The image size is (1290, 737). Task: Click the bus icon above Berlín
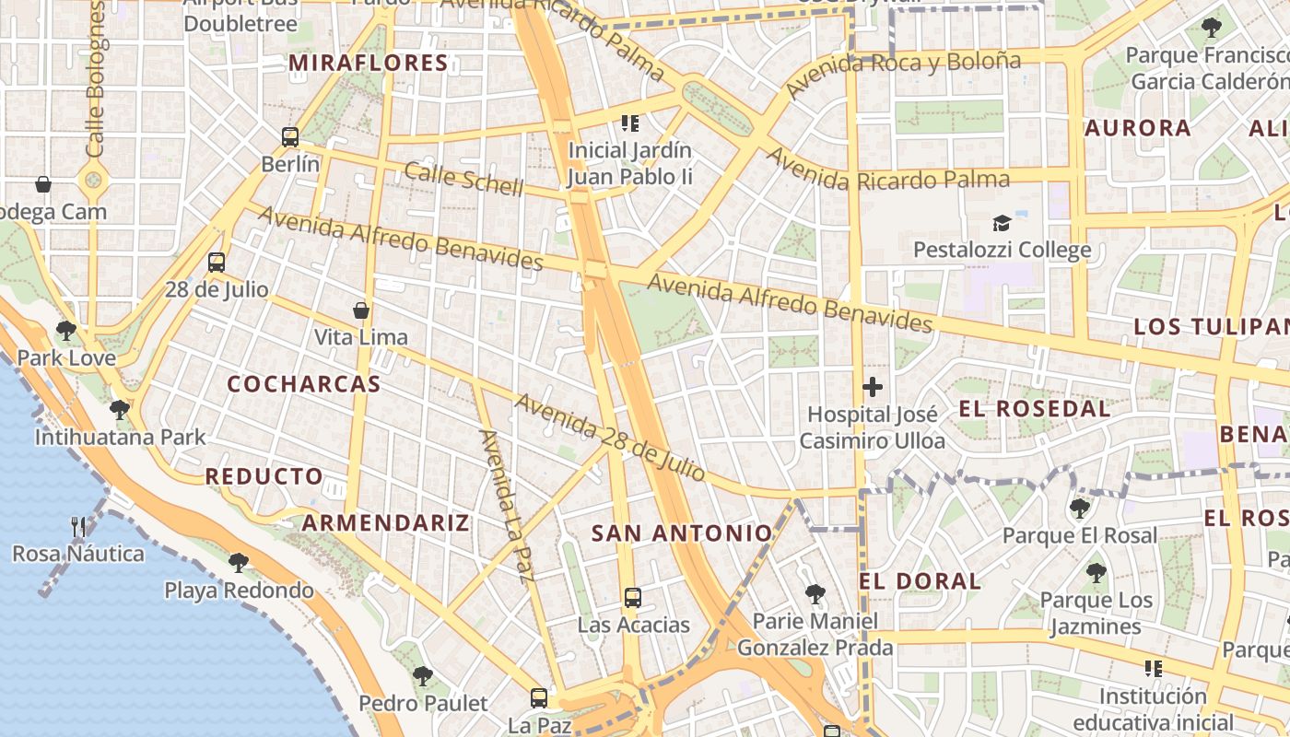pyautogui.click(x=290, y=137)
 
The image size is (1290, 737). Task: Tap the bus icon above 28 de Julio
pyautogui.click(x=217, y=263)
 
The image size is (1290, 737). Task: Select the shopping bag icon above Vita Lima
pyautogui.click(x=361, y=310)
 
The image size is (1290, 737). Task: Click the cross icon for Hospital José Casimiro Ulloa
pyautogui.click(x=873, y=388)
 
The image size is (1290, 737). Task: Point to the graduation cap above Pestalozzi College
pyautogui.click(x=1002, y=223)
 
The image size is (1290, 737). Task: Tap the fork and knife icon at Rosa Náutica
pyautogui.click(x=78, y=527)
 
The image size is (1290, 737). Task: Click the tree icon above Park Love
pyautogui.click(x=66, y=331)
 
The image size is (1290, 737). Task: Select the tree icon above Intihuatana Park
pyautogui.click(x=119, y=410)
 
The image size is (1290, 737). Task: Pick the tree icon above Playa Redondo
pyautogui.click(x=239, y=563)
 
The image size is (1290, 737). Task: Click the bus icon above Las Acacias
pyautogui.click(x=633, y=598)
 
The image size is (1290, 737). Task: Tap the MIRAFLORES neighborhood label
pyautogui.click(x=369, y=64)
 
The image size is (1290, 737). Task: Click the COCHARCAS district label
pyautogui.click(x=304, y=384)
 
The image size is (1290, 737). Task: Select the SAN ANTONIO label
pyautogui.click(x=682, y=532)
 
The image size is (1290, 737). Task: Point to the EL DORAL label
pyautogui.click(x=920, y=581)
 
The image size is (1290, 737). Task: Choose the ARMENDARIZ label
pyautogui.click(x=386, y=523)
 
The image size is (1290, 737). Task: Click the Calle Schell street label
pyautogui.click(x=463, y=178)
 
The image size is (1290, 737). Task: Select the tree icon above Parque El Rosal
pyautogui.click(x=1079, y=508)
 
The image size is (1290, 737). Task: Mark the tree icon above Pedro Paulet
pyautogui.click(x=423, y=676)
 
